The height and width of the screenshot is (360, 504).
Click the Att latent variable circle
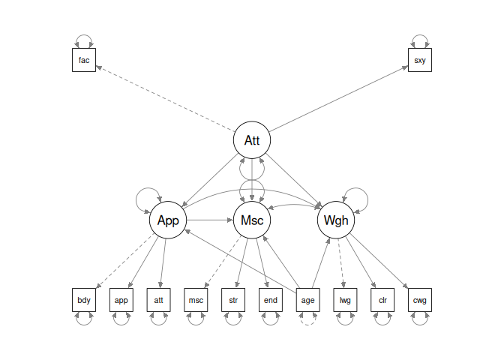pos(252,140)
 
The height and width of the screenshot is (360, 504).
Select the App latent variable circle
pos(168,220)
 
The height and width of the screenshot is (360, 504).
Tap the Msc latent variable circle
pos(252,220)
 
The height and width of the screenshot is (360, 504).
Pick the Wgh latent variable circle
pos(336,220)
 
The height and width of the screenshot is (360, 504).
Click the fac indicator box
pos(84,60)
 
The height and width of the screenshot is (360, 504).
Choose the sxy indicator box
pos(420,60)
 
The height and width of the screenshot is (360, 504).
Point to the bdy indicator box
pos(84,300)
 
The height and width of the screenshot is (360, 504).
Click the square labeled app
pos(121,300)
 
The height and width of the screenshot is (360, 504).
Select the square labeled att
pos(158,300)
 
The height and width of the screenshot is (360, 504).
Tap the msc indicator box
pos(196,300)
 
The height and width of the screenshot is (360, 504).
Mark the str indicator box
pos(233,300)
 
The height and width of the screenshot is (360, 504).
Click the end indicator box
pos(271,300)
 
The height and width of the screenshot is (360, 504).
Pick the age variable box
pos(308,300)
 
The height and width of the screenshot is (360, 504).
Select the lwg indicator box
pos(345,300)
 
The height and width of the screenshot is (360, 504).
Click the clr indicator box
pos(382,300)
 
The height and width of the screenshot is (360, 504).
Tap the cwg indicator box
pos(420,300)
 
